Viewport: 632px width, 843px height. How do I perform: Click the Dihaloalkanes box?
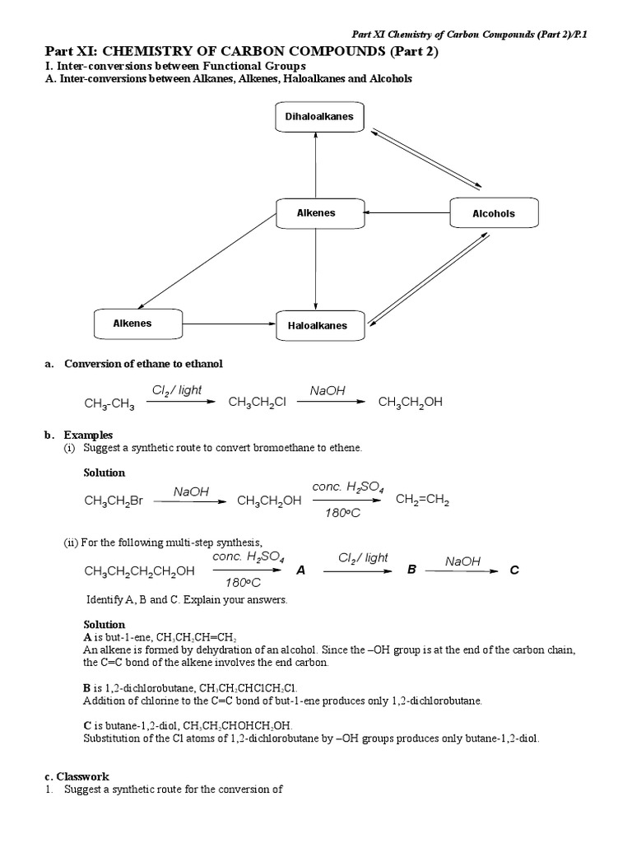pyautogui.click(x=319, y=117)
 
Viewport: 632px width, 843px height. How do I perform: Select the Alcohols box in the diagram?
pyautogui.click(x=494, y=213)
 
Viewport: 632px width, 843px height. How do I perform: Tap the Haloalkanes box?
pyautogui.click(x=318, y=326)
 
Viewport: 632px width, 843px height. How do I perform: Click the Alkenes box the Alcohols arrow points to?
pyautogui.click(x=317, y=213)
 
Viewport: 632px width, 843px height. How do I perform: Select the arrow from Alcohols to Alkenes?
pyautogui.click(x=407, y=213)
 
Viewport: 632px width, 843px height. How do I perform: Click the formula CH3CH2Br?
pyautogui.click(x=114, y=501)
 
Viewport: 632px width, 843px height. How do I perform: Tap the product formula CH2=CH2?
pyautogui.click(x=422, y=500)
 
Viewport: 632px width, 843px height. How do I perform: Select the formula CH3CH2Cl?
pyautogui.click(x=257, y=403)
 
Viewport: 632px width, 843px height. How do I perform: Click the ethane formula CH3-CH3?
pyautogui.click(x=109, y=404)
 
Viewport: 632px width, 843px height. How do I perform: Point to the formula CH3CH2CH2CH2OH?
pyautogui.click(x=140, y=571)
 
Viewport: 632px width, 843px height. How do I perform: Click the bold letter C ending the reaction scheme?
pyautogui.click(x=514, y=570)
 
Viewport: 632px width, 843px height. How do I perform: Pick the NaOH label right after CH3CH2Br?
pyautogui.click(x=192, y=491)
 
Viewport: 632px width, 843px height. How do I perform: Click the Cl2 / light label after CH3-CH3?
pyautogui.click(x=177, y=390)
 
